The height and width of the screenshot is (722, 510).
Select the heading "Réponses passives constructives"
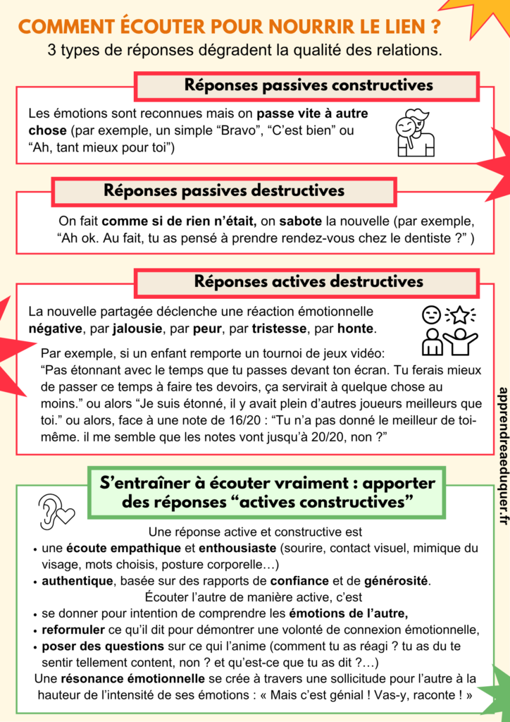308,86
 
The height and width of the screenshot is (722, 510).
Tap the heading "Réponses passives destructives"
224,190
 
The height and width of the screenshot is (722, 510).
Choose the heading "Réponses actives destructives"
309,282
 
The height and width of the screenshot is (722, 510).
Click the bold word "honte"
356,329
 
